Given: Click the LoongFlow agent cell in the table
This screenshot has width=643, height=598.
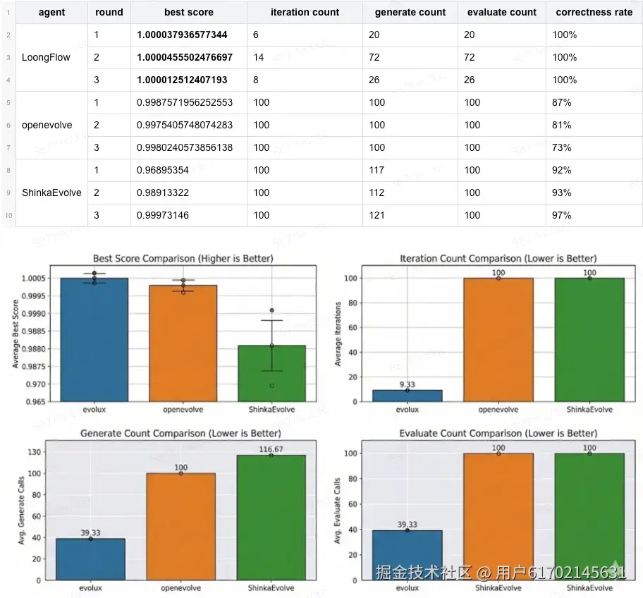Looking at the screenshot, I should [x=47, y=57].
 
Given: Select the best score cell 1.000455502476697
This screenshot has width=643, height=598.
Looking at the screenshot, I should [x=185, y=57].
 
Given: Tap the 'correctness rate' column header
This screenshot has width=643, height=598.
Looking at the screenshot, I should [x=594, y=12].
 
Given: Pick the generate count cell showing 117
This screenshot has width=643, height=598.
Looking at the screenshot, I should [x=377, y=170].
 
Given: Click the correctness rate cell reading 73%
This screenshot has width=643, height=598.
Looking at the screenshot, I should [x=562, y=147].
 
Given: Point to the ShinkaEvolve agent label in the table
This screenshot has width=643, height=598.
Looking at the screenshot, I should [x=51, y=193].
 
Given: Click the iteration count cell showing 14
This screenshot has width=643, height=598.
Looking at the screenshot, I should [x=262, y=57].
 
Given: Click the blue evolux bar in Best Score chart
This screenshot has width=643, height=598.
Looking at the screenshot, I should [x=94, y=339].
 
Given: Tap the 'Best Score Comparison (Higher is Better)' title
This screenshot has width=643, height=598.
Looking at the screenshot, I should [x=183, y=259].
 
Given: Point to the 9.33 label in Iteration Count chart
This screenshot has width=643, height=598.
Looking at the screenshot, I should [x=408, y=384].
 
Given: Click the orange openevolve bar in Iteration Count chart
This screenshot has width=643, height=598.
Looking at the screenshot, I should [x=498, y=339].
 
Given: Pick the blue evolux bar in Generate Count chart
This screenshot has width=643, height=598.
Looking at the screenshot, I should [x=90, y=559].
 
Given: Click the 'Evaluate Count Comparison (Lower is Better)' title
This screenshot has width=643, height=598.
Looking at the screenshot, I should [x=498, y=433].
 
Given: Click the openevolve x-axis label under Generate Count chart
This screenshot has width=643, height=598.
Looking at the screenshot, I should [x=181, y=587].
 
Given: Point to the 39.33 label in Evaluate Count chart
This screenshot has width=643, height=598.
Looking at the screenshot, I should [x=407, y=525].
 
